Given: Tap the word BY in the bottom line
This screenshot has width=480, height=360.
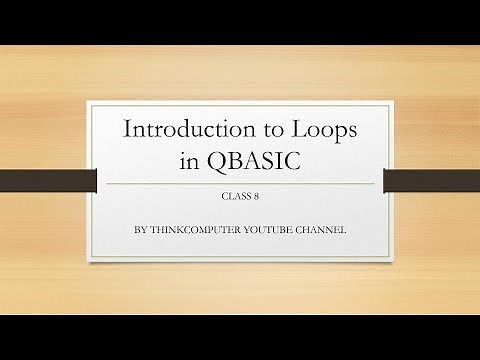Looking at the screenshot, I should [139, 230].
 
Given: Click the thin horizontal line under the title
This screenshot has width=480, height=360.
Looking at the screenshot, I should [240, 184].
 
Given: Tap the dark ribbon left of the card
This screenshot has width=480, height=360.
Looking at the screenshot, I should [46, 181].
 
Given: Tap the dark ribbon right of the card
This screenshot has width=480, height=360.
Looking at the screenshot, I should [432, 181].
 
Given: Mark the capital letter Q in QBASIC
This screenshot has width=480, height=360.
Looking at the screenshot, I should [217, 163].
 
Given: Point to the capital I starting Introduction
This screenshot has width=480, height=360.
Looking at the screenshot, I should [126, 129].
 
